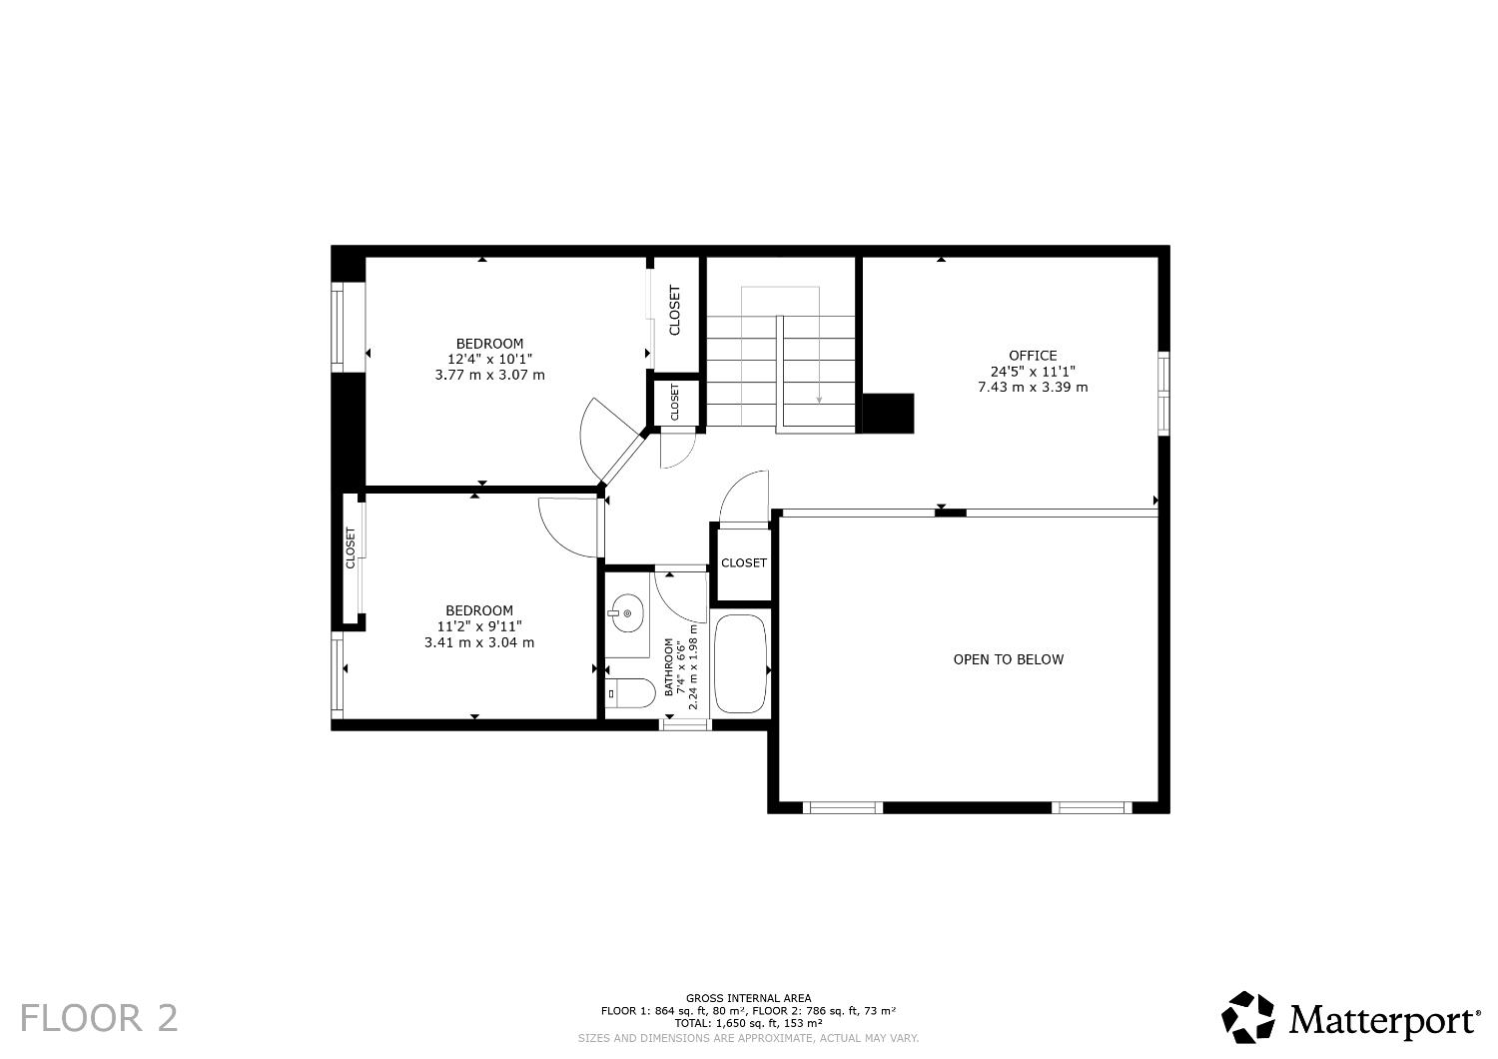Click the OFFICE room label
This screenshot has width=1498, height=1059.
coord(1032,356)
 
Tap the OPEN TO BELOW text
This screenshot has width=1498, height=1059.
coord(1008,659)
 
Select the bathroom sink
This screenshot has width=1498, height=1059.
coord(626,612)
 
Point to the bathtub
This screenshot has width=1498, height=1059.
coord(740,663)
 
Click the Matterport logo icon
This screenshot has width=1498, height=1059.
coord(1248,1017)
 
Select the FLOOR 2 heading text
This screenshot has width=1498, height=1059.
coord(99,1018)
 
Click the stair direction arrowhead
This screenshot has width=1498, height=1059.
coord(819,400)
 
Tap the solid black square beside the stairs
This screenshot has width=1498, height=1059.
coord(888,414)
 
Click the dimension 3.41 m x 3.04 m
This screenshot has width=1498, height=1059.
coord(479,642)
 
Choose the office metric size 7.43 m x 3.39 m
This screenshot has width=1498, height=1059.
coord(1032,387)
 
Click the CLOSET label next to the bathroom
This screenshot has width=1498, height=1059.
coord(743,563)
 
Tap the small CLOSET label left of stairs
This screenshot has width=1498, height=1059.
coord(675,402)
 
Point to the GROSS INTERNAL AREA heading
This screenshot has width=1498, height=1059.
coord(748,998)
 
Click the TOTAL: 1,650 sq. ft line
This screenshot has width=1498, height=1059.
coord(748,1023)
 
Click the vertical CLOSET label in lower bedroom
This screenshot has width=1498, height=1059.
coord(351,548)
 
